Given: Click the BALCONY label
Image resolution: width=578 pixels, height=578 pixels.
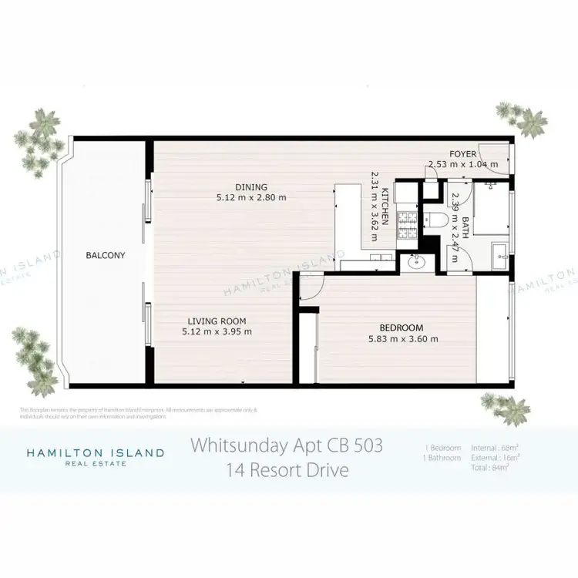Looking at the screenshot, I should click(x=106, y=255).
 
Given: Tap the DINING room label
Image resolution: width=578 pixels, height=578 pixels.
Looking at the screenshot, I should click(x=251, y=187).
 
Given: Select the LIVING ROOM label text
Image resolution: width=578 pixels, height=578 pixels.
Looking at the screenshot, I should click(x=217, y=321).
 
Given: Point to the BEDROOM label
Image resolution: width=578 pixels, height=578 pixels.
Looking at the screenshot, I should click(x=403, y=327).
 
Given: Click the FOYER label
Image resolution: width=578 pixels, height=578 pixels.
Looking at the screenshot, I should click(x=464, y=154).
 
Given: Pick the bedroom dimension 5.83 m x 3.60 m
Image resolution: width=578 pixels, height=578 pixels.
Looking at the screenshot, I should click(x=403, y=338).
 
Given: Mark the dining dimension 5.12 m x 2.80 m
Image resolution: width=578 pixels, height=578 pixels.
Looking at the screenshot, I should click(x=251, y=197).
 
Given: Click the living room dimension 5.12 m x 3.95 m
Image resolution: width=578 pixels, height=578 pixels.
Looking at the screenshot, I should click(x=217, y=332).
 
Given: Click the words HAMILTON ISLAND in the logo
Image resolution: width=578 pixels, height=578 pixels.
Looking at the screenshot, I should click(x=96, y=452).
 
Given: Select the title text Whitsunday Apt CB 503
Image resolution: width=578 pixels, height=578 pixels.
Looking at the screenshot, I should click(x=287, y=446).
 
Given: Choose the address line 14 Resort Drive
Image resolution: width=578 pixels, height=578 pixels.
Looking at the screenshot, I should click(x=287, y=469).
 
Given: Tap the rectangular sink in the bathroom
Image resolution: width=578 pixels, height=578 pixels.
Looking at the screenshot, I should click(x=501, y=251).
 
